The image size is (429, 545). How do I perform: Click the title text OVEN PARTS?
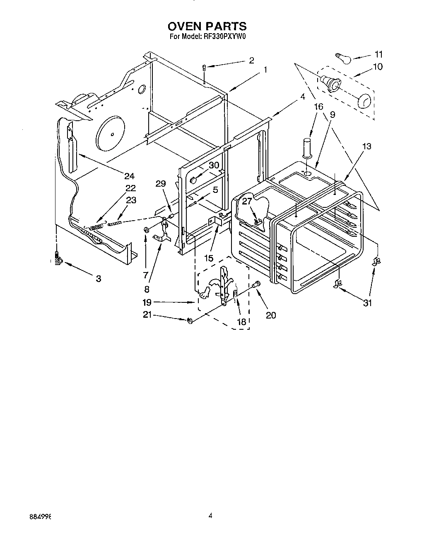[207, 27]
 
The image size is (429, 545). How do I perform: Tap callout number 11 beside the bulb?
[378, 54]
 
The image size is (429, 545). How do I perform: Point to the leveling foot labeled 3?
[58, 260]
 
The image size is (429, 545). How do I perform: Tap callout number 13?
[366, 146]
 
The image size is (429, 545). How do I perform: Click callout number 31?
[367, 303]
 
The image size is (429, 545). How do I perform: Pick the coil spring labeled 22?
[96, 226]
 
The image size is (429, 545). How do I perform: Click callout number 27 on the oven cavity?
[247, 202]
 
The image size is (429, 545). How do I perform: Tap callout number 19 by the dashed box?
[147, 302]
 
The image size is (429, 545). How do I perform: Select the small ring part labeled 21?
[190, 320]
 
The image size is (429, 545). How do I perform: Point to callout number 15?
[209, 258]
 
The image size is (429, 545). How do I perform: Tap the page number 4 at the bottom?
[210, 516]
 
